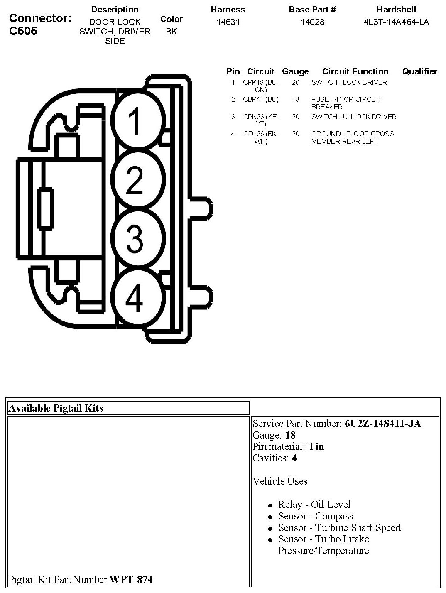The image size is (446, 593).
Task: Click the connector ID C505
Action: pyautogui.click(x=23, y=31)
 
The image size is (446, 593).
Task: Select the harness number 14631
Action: pyautogui.click(x=228, y=22)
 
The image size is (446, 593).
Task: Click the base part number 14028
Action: pyautogui.click(x=312, y=22)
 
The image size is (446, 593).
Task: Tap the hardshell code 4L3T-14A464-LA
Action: pyautogui.click(x=396, y=22)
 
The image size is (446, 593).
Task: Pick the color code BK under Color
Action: pyautogui.click(x=172, y=32)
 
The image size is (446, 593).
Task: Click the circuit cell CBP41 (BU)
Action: pyautogui.click(x=261, y=100)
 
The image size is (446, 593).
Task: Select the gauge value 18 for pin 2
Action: pyautogui.click(x=295, y=100)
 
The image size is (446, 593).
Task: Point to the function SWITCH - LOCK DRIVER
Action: pyautogui.click(x=349, y=83)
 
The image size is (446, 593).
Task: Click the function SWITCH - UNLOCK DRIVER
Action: pyautogui.click(x=354, y=117)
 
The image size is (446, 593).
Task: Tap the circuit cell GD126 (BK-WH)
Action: pyautogui.click(x=261, y=137)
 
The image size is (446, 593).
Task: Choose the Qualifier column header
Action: pyautogui.click(x=419, y=71)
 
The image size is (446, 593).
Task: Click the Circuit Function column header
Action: pyautogui.click(x=355, y=71)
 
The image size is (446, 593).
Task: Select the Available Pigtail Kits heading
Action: pyautogui.click(x=56, y=408)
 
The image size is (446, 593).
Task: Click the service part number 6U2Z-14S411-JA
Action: pyautogui.click(x=382, y=424)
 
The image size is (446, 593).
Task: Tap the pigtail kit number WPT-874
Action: pyautogui.click(x=131, y=579)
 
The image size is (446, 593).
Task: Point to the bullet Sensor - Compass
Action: pyautogui.click(x=316, y=516)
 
